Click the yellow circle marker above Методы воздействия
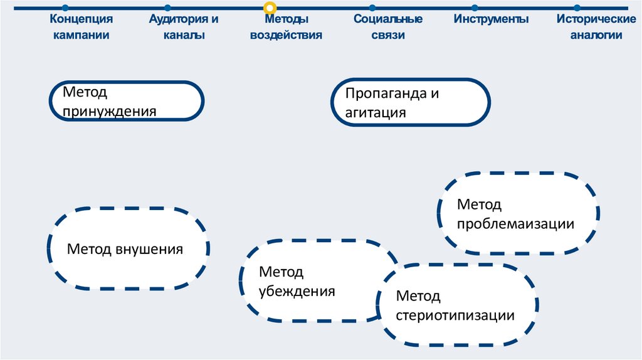pos(270,8)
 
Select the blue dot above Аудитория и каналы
pos(167,8)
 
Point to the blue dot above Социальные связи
pos(373,8)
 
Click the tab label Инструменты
pos(492,19)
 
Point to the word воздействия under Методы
pos(286,35)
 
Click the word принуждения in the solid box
pos(110,112)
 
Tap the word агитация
pos(376,113)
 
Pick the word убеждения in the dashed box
pos(297,292)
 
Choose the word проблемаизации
pos(516,224)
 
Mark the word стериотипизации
pos(455,315)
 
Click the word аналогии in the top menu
pos(596,35)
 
